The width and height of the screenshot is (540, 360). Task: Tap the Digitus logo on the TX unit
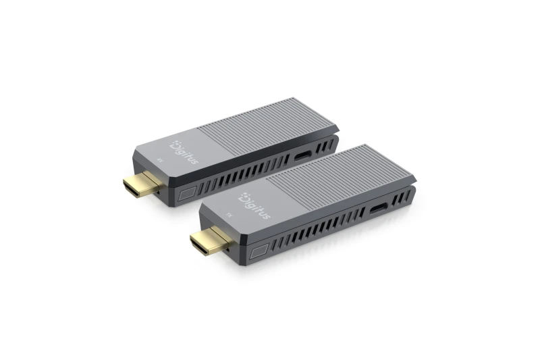[x=256, y=205]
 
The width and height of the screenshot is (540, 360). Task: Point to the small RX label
[x=160, y=160]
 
